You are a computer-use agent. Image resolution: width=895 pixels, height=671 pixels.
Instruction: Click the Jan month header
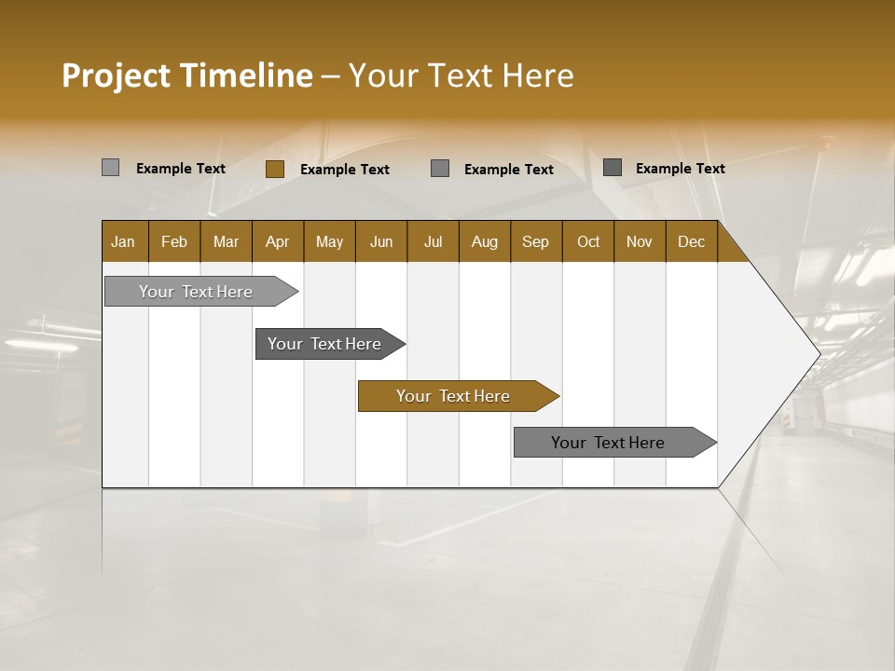tap(124, 241)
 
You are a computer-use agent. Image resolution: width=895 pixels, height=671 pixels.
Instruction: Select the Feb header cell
tap(174, 241)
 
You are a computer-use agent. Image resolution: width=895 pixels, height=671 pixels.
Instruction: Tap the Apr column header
tap(278, 241)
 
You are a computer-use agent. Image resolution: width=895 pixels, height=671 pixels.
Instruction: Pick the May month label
tap(329, 241)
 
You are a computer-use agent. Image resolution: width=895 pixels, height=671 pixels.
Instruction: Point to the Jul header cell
tap(433, 241)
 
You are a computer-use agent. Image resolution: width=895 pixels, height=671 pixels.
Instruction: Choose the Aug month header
tap(485, 241)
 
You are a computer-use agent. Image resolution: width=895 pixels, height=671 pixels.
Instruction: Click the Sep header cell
tap(536, 241)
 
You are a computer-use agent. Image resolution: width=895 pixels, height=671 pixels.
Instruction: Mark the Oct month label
tap(588, 241)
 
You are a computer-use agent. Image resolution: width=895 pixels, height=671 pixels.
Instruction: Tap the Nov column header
tap(640, 241)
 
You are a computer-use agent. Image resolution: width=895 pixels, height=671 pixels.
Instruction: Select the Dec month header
tap(692, 241)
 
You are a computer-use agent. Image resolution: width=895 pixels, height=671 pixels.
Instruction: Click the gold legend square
tap(275, 169)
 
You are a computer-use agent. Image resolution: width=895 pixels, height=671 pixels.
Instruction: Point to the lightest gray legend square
tap(111, 168)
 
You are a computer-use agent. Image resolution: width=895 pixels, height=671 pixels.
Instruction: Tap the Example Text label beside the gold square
tap(345, 170)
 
